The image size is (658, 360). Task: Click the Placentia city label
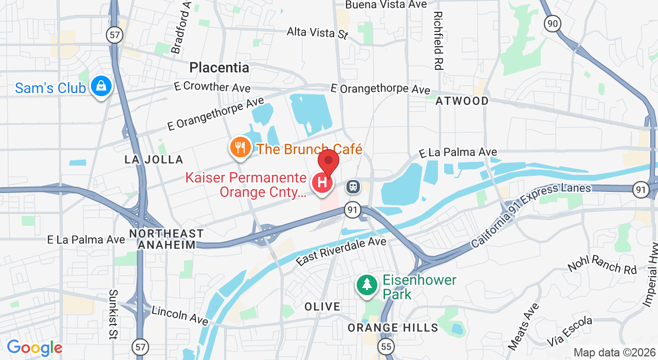pos(219,67)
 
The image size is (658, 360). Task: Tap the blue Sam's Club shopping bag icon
pos(101,86)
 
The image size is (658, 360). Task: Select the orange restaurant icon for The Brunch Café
pos(240,148)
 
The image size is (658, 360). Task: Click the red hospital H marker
pos(322,183)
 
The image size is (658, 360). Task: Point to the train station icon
pos(353,186)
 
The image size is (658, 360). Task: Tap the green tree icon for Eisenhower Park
pos(367,284)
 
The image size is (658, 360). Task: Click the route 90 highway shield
pos(553,23)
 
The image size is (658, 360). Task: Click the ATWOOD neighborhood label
pos(462,101)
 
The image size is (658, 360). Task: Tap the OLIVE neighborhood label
pos(322,307)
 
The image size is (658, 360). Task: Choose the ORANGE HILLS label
pos(393,328)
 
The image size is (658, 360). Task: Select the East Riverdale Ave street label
pos(341,250)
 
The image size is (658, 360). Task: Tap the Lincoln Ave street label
pos(179,314)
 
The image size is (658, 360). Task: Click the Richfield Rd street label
pos(438,41)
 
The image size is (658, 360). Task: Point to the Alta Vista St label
pos(318,32)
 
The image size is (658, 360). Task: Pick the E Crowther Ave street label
pos(212,86)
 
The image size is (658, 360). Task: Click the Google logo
pos(34,348)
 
